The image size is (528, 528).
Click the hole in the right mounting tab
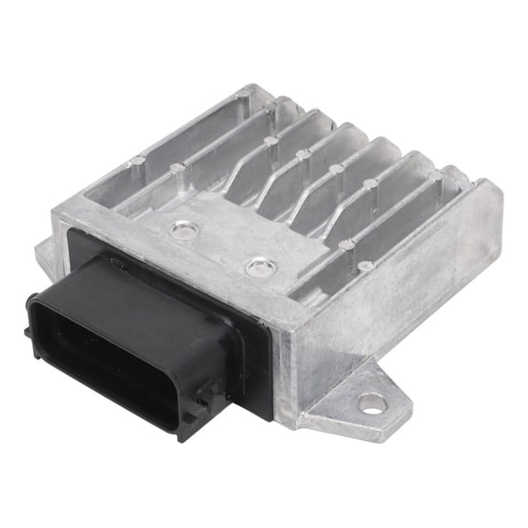click(x=370, y=401)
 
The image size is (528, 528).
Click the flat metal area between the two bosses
click(x=220, y=249)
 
